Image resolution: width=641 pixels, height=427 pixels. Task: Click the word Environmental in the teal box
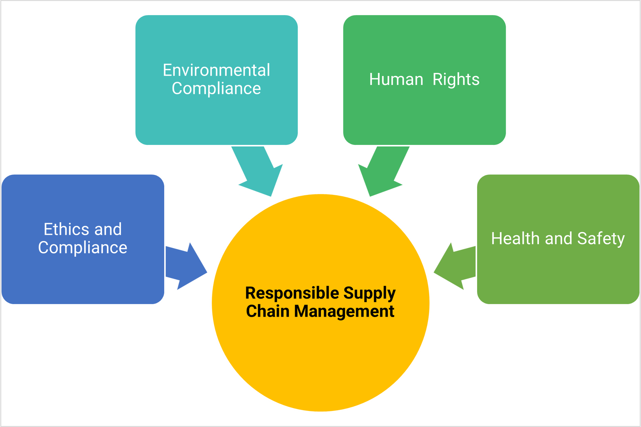(216, 70)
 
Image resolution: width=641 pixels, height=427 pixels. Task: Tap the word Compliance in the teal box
(216, 89)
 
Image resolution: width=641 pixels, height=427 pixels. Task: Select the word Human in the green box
(396, 79)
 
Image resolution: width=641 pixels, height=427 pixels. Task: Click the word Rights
(456, 79)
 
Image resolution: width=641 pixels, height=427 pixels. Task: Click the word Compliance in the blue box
(83, 248)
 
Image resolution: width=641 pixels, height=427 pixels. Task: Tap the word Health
(516, 239)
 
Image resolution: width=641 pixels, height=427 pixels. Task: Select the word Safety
(601, 239)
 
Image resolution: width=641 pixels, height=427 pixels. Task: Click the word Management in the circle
(344, 311)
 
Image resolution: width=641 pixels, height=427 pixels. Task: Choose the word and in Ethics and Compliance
(108, 229)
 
